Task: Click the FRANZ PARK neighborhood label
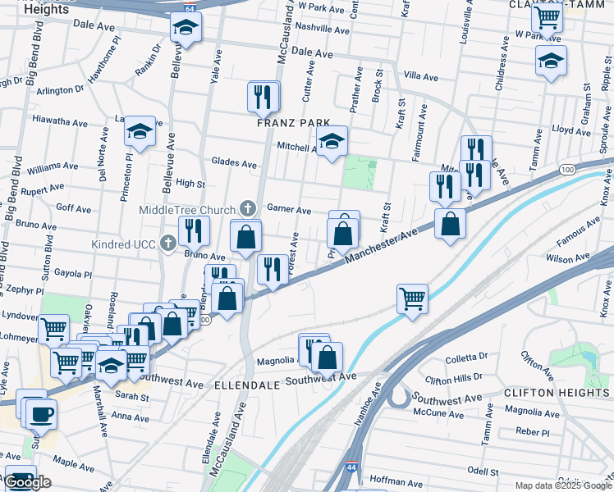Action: [293, 123]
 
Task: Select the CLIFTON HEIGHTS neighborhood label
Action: [557, 393]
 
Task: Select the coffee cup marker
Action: [40, 413]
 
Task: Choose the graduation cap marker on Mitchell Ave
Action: [332, 141]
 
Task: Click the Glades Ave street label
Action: [234, 162]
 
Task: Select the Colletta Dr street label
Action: [466, 358]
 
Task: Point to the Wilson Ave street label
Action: [563, 259]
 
